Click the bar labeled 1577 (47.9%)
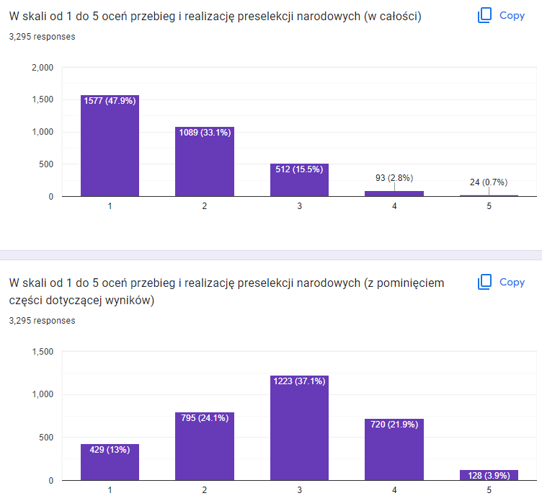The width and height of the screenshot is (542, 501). (x=110, y=146)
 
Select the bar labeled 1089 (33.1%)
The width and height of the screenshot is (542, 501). (x=205, y=161)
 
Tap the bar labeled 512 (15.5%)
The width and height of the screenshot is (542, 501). (x=299, y=179)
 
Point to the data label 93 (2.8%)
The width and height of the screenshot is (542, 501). (x=394, y=177)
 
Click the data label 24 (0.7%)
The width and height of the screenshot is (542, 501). (x=488, y=182)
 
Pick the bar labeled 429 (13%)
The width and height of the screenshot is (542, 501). (x=110, y=462)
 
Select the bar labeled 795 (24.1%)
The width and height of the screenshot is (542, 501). (x=205, y=446)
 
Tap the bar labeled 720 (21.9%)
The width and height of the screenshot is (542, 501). (x=394, y=449)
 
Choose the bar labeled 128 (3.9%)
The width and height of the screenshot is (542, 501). (x=488, y=475)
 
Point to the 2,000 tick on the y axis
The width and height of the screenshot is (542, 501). (x=43, y=68)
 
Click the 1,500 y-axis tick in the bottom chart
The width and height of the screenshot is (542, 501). (x=43, y=352)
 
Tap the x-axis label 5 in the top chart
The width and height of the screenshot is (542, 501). (x=489, y=207)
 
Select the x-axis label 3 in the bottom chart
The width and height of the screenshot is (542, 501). (x=299, y=491)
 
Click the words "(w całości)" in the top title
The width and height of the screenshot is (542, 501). (x=395, y=16)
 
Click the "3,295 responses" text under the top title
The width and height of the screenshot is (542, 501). (x=42, y=36)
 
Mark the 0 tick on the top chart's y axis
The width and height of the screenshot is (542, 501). (x=50, y=196)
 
